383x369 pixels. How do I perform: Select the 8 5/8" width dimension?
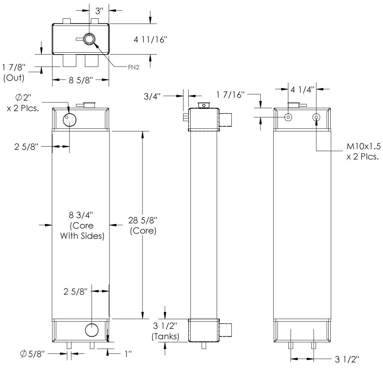[x=81, y=80]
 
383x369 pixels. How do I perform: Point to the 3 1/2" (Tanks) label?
[x=165, y=332]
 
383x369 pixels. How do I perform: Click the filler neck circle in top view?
[x=89, y=38]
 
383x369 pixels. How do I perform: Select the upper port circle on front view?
[x=69, y=119]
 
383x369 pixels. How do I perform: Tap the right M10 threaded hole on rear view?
[x=316, y=117]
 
